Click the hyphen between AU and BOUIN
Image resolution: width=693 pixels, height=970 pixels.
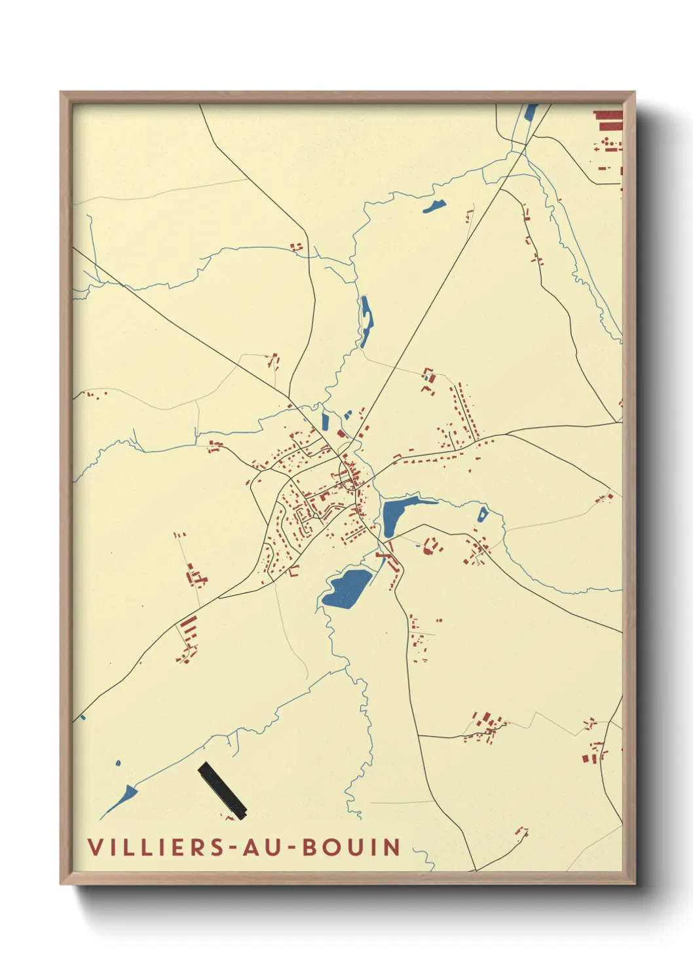pyautogui.click(x=292, y=848)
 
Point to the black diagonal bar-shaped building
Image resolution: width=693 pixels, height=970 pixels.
pyautogui.click(x=222, y=790)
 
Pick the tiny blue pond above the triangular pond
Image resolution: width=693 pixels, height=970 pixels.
pyautogui.click(x=118, y=763)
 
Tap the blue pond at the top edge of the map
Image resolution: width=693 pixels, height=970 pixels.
pyautogui.click(x=531, y=113)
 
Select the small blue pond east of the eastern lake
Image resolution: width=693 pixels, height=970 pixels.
pyautogui.click(x=483, y=514)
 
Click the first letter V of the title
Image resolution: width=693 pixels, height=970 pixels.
pyautogui.click(x=95, y=847)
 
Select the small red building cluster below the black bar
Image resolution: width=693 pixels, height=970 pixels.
pyautogui.click(x=229, y=816)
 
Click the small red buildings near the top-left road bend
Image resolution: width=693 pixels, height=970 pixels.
pyautogui.click(x=297, y=247)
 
